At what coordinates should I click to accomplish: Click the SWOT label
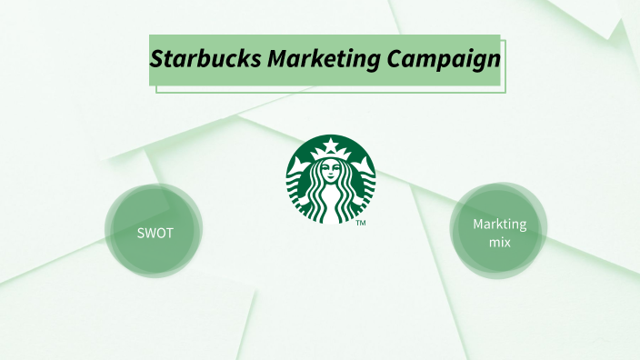155,232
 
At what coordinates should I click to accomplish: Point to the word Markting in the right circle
499,225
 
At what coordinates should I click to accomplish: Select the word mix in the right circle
498,244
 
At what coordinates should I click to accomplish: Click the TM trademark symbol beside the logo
361,223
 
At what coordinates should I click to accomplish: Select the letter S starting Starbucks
157,60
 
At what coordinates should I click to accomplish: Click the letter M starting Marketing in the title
276,60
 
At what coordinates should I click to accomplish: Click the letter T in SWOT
169,232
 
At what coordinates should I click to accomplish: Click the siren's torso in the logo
331,196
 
